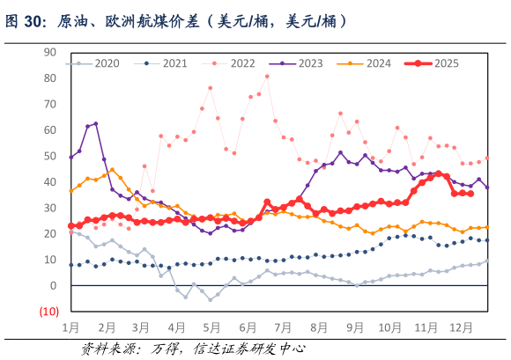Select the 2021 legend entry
click(165, 63)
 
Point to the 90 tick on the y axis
click(50, 52)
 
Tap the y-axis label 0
click(53, 286)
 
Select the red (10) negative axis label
click(48, 312)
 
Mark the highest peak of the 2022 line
click(267, 76)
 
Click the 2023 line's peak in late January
click(95, 124)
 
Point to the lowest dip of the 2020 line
click(210, 299)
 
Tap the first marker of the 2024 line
click(71, 191)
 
